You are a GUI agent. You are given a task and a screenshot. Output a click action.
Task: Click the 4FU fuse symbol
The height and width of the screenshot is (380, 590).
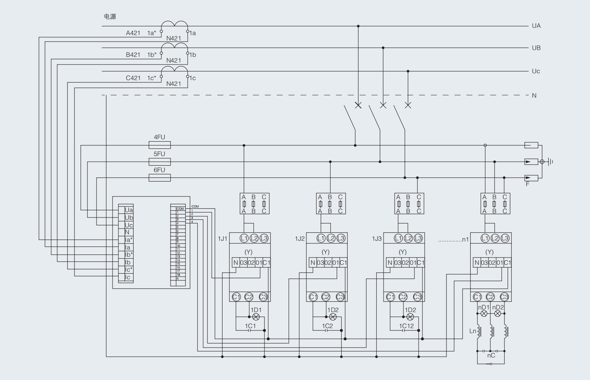tap(160, 145)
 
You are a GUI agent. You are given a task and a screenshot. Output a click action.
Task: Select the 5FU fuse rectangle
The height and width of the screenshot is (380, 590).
tap(160, 162)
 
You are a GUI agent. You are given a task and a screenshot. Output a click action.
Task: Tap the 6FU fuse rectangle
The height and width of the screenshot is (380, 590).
tap(160, 178)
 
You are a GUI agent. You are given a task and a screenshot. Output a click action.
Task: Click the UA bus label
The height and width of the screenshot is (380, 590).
tap(536, 26)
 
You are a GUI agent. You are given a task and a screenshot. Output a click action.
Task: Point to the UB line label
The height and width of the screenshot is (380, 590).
tap(536, 48)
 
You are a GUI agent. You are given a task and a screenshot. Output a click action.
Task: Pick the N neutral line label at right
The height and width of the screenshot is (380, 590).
tap(534, 96)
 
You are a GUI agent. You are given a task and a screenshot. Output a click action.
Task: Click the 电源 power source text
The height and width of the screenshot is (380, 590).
tap(110, 17)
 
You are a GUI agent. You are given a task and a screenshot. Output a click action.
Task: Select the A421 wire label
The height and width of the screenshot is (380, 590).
tap(133, 33)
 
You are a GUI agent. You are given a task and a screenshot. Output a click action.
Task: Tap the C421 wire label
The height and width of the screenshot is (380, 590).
tap(133, 78)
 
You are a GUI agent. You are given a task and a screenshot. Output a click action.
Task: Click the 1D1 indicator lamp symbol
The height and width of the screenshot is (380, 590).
tap(256, 317)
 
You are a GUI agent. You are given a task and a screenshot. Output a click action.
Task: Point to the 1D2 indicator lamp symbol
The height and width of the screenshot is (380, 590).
tap(333, 317)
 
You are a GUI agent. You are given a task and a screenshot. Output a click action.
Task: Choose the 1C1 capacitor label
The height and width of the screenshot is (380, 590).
tap(250, 326)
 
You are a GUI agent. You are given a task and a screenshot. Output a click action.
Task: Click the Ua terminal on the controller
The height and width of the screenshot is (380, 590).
tap(129, 210)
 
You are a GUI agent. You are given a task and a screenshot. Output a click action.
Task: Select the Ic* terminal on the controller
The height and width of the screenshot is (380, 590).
tap(129, 270)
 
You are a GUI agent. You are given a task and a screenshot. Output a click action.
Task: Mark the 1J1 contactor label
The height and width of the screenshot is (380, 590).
tap(222, 239)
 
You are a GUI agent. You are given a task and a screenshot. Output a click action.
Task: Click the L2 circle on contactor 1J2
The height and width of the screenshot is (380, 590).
tap(331, 238)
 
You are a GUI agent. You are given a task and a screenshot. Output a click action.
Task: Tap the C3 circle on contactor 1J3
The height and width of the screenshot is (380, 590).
tap(418, 297)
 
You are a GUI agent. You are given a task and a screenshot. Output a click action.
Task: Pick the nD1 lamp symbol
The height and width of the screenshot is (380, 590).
tap(484, 314)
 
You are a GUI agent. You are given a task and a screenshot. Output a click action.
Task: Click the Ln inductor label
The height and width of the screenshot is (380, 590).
tap(473, 331)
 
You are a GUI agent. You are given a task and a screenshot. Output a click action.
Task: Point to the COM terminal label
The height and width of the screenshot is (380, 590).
tap(180, 209)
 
